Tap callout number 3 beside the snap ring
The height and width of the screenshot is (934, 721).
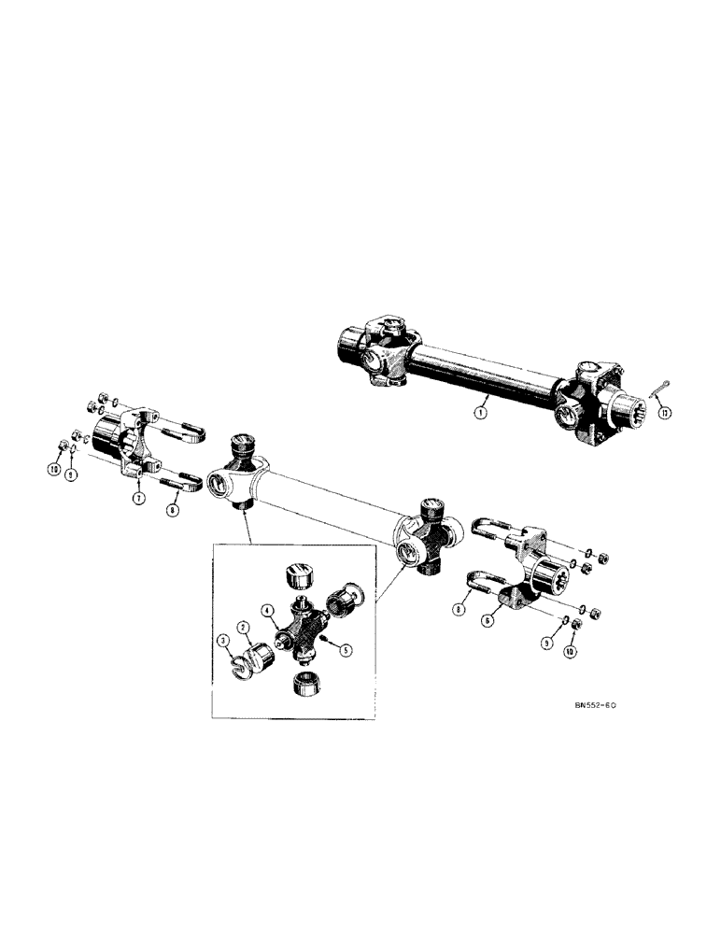pos(222,640)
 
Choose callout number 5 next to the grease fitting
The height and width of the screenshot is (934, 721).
pos(347,651)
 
